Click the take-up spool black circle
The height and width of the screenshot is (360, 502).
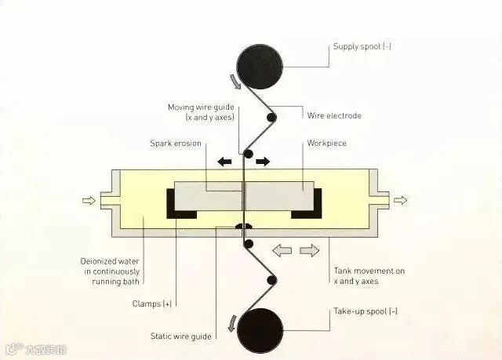(x=260, y=329)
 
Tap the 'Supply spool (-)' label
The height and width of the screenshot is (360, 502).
(x=362, y=47)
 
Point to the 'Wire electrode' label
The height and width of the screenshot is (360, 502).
(x=334, y=115)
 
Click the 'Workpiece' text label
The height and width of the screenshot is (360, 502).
(x=327, y=144)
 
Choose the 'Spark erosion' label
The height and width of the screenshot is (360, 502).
(x=176, y=144)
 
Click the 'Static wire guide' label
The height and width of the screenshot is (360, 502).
(x=180, y=336)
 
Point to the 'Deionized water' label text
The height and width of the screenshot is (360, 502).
(x=111, y=262)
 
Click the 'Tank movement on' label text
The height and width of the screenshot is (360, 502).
(x=369, y=271)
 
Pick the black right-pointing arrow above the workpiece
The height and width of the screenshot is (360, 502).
(x=263, y=162)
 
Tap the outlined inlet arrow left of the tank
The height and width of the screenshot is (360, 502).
(x=89, y=201)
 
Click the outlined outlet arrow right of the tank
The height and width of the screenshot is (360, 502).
(x=401, y=201)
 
